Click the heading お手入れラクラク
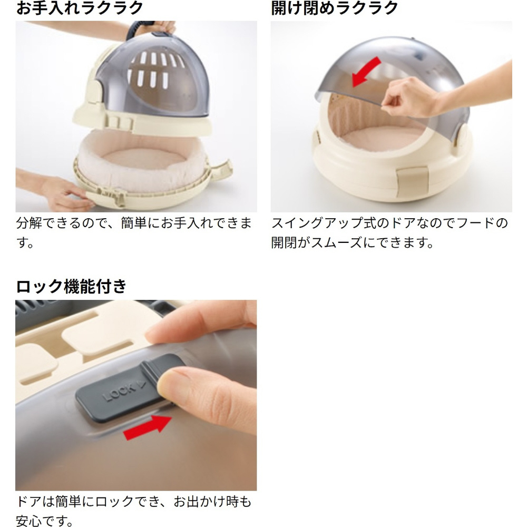[x=80, y=7]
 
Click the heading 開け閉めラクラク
[x=335, y=7]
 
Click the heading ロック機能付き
[x=71, y=286]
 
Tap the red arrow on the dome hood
[x=366, y=72]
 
